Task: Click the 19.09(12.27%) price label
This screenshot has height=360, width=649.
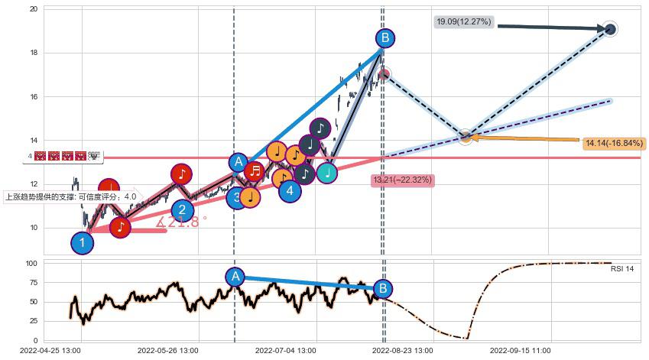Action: point(464,22)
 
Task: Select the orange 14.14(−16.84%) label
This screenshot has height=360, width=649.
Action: point(614,143)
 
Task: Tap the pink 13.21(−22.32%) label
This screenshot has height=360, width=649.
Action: point(403,180)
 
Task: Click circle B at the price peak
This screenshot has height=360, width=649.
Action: point(385,37)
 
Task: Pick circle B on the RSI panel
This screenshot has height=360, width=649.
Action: point(383,288)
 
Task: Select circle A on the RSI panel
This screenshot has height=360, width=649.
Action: point(235,277)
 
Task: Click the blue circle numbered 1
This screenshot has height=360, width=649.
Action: point(82,243)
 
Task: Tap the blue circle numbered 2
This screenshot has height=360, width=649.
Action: point(182,210)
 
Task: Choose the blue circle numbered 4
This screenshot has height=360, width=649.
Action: point(290,190)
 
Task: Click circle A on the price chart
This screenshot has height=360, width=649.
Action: point(239,161)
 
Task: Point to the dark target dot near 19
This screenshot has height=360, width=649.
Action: point(610,29)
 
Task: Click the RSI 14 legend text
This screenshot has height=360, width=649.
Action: point(621,269)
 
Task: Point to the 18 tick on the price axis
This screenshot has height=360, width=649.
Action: point(34,53)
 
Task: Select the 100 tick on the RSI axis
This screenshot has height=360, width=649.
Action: point(31,264)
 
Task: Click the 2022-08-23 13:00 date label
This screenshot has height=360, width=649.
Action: point(402,351)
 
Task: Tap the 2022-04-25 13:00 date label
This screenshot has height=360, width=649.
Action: point(51,351)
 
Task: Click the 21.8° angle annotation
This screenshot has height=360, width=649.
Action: point(182,223)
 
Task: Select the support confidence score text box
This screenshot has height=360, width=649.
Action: point(71,196)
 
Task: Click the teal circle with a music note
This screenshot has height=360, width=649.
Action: point(327,173)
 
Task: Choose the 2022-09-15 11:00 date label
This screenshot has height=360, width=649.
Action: point(520,351)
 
